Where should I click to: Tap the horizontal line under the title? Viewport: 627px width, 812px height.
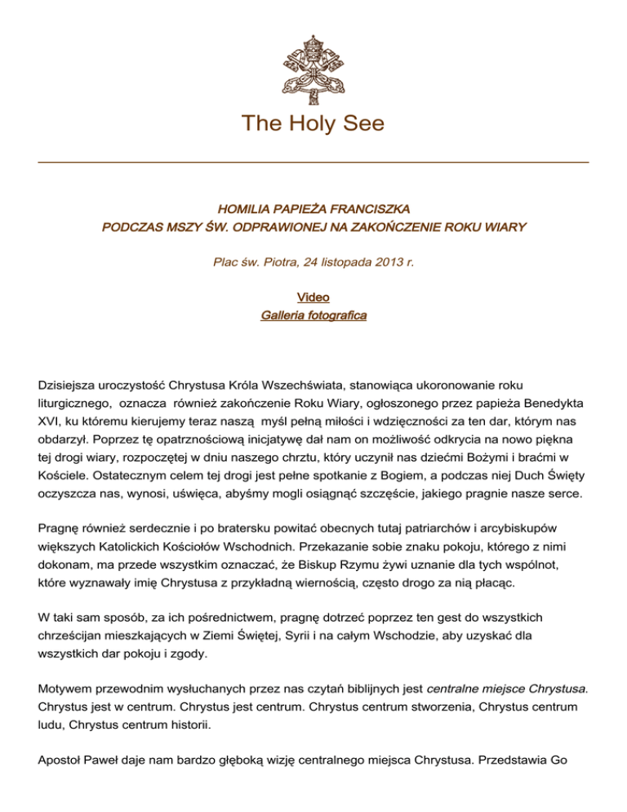click(x=313, y=163)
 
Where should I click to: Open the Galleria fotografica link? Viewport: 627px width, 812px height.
click(x=313, y=315)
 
